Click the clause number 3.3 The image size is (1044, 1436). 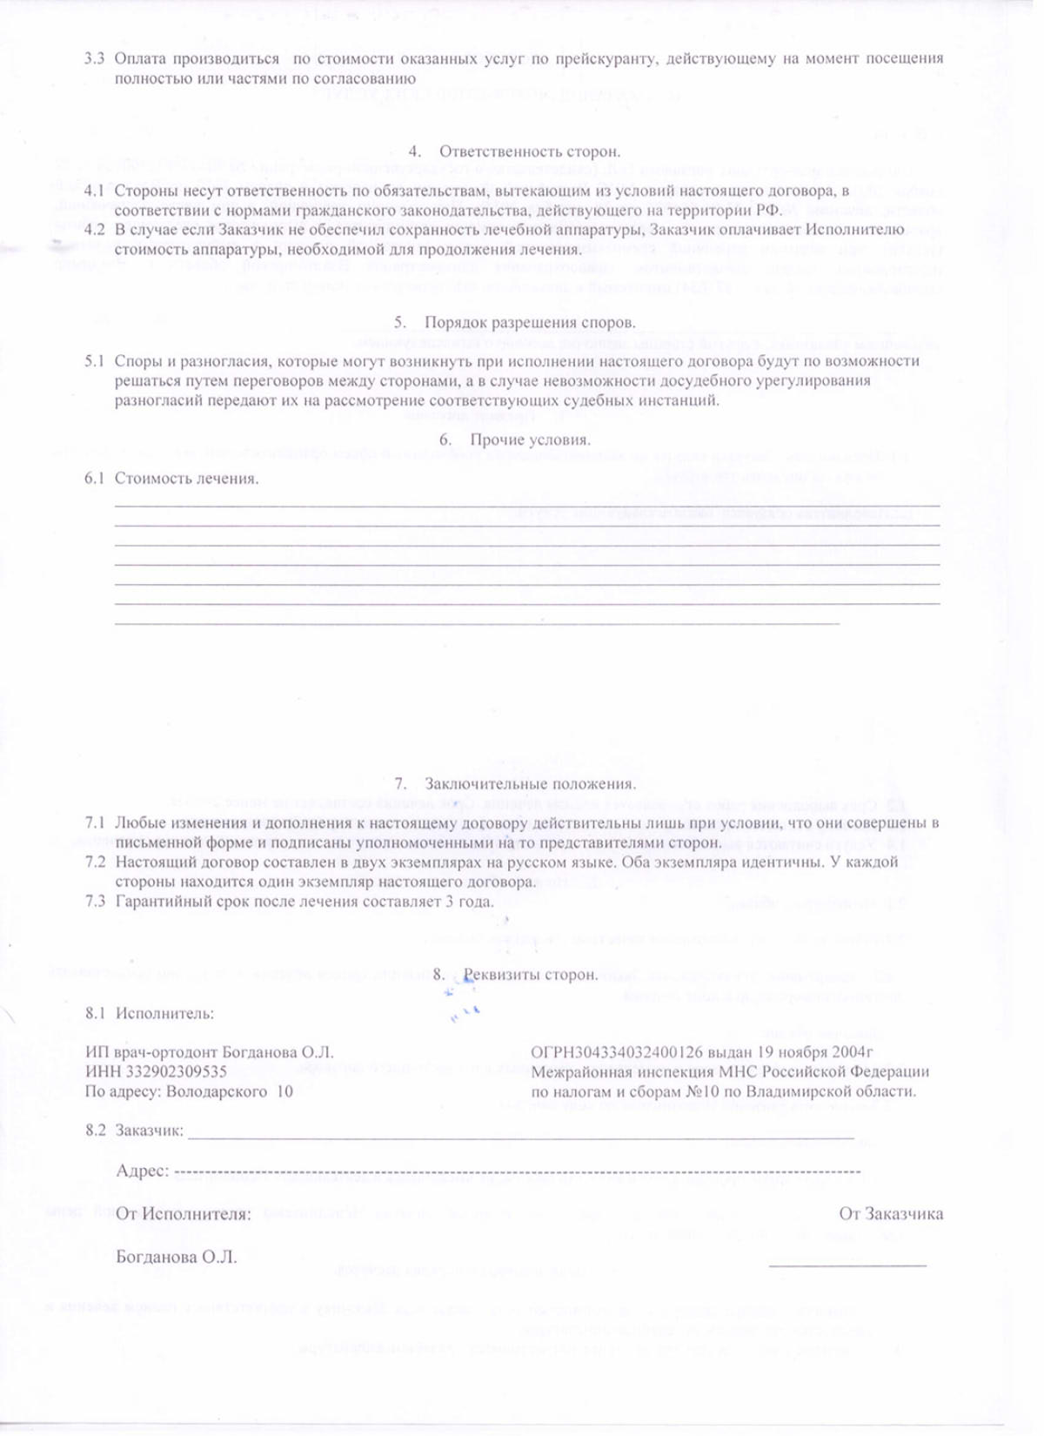point(94,59)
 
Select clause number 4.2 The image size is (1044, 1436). point(95,230)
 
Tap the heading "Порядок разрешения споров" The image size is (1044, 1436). point(530,322)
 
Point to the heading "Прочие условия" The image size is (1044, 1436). point(530,440)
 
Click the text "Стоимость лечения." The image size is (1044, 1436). point(186,479)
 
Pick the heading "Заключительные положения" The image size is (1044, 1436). point(530,784)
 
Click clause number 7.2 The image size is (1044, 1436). point(95,862)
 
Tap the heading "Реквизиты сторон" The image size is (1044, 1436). point(530,975)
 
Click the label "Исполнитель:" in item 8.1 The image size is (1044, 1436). point(164,1014)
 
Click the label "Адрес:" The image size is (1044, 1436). point(142,1171)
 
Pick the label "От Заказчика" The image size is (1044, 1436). point(891,1214)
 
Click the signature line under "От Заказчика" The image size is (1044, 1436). point(847,1264)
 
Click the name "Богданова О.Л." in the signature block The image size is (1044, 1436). point(177,1258)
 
